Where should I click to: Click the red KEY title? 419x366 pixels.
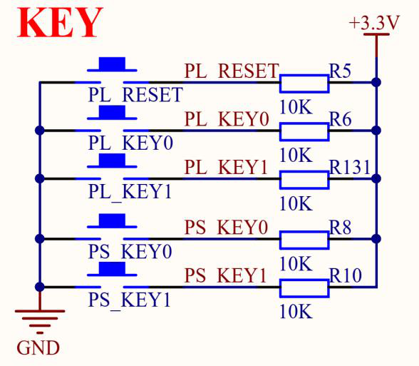coord(60,23)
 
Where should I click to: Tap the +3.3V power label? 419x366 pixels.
coord(374,23)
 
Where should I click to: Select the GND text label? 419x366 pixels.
coord(38,348)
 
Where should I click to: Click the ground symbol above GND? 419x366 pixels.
coord(40,322)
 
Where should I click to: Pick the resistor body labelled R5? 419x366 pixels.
coord(304,83)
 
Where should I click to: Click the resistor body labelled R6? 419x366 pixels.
coord(304,131)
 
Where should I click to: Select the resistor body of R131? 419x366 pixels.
coord(304,180)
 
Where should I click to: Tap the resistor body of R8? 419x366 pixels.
coord(304,240)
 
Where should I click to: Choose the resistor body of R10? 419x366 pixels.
coord(304,288)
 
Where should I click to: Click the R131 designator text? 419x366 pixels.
coord(350,167)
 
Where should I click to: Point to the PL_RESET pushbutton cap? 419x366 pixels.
coord(112,64)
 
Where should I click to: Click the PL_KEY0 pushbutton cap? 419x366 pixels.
coord(112,113)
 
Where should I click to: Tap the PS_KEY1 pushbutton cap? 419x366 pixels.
coord(112,269)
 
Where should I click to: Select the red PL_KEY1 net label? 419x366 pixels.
coord(226,167)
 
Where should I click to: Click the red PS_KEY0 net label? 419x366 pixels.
coord(226,228)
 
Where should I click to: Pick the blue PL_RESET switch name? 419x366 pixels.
coord(135,95)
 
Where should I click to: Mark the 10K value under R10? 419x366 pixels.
coord(296,311)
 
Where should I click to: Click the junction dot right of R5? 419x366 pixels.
coord(376,83)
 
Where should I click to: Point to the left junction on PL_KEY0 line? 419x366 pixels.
coord(40,131)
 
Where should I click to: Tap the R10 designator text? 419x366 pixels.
coord(346,275)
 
